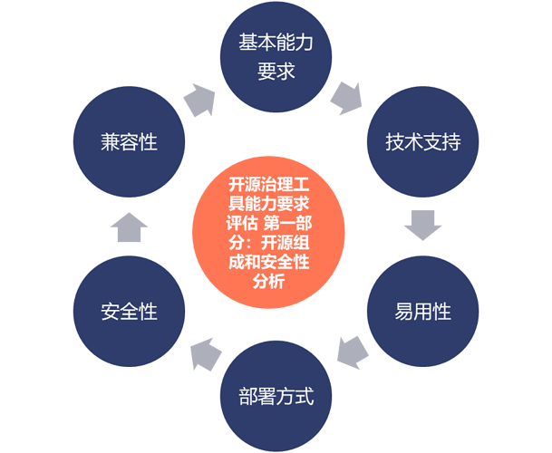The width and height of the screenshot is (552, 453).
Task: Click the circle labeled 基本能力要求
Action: (276, 57)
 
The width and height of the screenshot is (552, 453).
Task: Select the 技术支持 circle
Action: (422, 141)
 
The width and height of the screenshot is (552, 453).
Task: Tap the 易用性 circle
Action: (422, 311)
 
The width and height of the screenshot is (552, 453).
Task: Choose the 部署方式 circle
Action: (276, 396)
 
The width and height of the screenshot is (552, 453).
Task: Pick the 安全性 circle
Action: (130, 311)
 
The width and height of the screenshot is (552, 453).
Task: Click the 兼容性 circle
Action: (130, 141)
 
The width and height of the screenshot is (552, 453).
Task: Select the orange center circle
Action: (268, 232)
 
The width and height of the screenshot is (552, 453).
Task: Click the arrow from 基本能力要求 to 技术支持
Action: (347, 99)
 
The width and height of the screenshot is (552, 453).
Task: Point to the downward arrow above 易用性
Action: (422, 226)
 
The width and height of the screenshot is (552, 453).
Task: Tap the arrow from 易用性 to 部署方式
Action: (352, 353)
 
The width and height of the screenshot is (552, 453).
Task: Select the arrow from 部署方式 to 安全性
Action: (205, 354)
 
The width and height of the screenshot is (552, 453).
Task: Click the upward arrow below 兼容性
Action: (130, 227)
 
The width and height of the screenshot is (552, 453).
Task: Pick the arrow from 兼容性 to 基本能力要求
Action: (200, 100)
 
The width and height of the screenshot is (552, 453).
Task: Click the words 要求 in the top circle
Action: (276, 72)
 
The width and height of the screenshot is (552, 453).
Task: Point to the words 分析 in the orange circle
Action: (268, 281)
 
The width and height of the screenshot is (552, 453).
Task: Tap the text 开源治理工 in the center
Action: (268, 184)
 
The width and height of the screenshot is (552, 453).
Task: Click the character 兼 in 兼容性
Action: (111, 142)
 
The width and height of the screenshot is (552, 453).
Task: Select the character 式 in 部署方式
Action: (305, 396)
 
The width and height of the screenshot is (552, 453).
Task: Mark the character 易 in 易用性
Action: (403, 312)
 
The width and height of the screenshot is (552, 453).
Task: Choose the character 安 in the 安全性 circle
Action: (111, 312)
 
